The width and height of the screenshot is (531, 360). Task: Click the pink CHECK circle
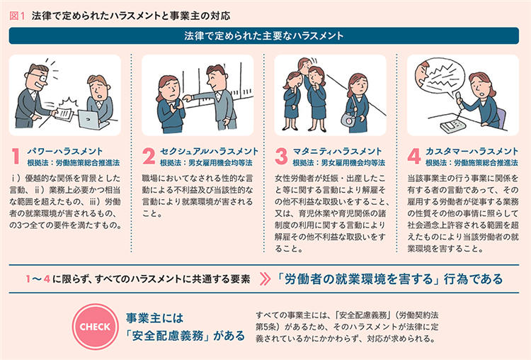click(95, 327)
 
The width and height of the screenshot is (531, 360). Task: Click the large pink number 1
click(16, 157)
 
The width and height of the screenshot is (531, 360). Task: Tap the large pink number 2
click(149, 157)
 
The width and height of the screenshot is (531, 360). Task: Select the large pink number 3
click(281, 157)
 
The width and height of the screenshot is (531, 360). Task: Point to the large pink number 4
click(414, 157)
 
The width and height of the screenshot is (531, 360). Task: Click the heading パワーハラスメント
click(64, 151)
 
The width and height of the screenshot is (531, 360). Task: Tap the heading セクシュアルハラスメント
click(209, 151)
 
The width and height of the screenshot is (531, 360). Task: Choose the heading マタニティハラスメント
click(337, 151)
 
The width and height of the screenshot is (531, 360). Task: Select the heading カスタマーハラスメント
click(472, 151)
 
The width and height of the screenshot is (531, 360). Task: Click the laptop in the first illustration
click(89, 119)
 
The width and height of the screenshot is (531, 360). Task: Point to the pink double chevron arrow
click(265, 279)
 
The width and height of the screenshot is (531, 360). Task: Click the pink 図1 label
click(17, 16)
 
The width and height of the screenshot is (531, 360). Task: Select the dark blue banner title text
click(264, 35)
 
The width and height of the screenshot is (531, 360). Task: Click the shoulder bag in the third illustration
click(348, 119)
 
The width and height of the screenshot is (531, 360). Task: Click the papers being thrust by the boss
click(64, 113)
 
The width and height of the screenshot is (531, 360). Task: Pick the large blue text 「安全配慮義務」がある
click(185, 336)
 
